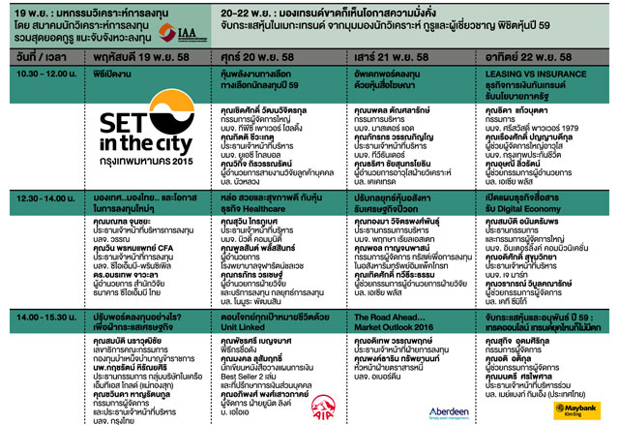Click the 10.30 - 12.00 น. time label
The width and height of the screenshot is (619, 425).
click(x=40, y=73)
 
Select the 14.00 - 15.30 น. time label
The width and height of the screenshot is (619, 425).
click(x=40, y=316)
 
